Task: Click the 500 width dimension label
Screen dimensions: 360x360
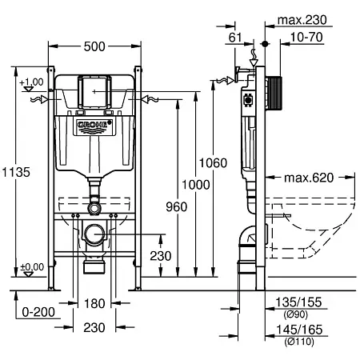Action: [94, 46]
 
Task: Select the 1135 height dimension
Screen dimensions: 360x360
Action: [16, 172]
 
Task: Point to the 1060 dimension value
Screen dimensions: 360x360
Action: [213, 163]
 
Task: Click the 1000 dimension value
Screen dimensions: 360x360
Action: [196, 185]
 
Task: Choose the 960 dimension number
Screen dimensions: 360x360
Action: [177, 206]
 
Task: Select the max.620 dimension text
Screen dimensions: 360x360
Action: [309, 178]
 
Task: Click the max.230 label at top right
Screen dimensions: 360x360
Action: [302, 20]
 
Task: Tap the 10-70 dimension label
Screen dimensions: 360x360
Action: [306, 37]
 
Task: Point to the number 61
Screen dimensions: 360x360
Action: [235, 38]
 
